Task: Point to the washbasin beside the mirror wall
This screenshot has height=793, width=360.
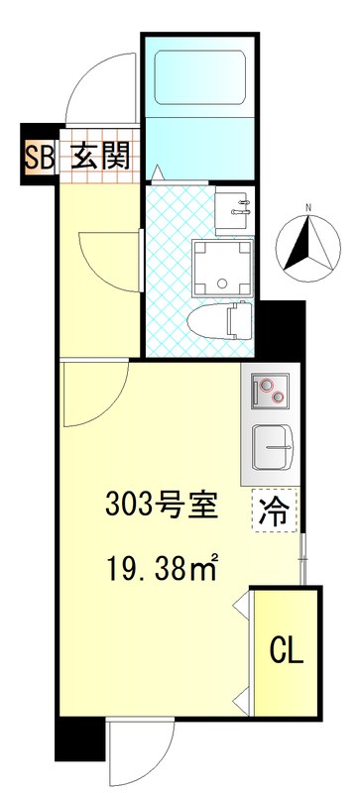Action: click(236, 208)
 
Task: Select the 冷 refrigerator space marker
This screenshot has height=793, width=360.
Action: click(275, 511)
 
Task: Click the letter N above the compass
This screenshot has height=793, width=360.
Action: click(309, 207)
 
